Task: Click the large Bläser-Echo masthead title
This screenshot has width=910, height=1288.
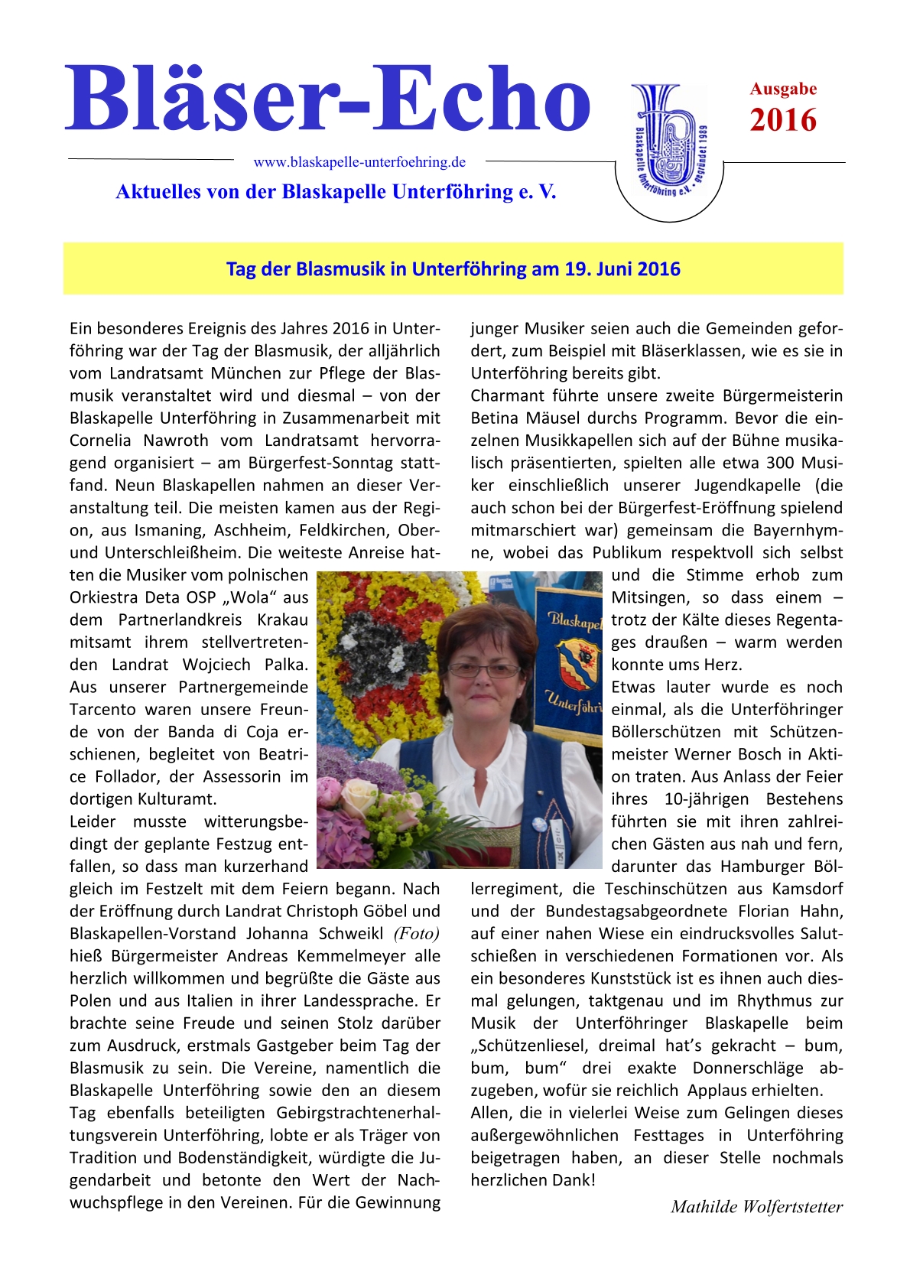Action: [x=327, y=99]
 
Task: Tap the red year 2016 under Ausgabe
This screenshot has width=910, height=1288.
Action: [x=783, y=121]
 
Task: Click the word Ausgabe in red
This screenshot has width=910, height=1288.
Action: [x=783, y=89]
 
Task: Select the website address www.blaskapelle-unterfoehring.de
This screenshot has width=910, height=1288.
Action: [x=359, y=162]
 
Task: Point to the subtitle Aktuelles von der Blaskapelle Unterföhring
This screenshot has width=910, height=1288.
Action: [x=336, y=191]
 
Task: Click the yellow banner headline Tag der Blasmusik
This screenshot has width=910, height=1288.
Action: [x=453, y=269]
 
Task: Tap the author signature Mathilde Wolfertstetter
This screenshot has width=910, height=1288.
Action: [x=756, y=1207]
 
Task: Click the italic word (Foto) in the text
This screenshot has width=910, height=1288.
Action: [x=417, y=934]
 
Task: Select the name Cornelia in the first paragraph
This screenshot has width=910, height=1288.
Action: [x=100, y=441]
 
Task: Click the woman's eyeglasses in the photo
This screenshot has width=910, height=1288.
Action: [x=483, y=671]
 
